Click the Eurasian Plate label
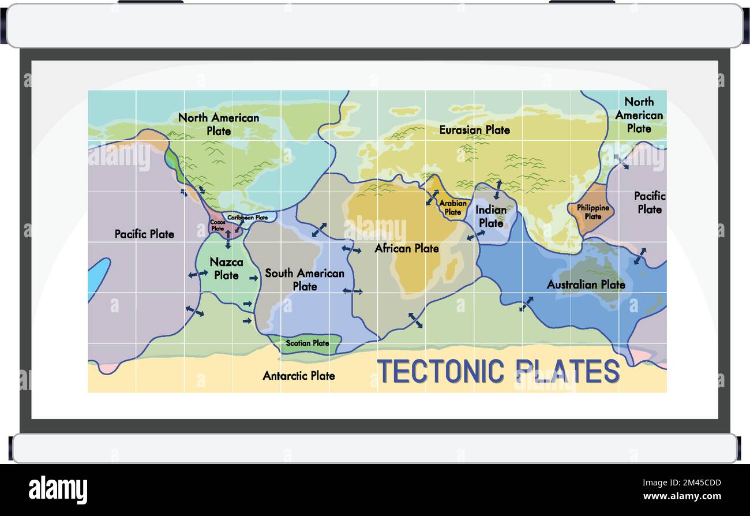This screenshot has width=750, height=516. (474, 130)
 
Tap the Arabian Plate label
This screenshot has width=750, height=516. (453, 207)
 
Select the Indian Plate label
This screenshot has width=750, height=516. (490, 216)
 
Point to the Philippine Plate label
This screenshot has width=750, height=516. (592, 212)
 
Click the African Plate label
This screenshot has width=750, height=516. (407, 248)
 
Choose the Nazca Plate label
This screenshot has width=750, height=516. (226, 268)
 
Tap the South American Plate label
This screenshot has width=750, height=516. (305, 279)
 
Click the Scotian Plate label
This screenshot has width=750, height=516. (307, 343)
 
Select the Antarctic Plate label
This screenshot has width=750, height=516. (298, 376)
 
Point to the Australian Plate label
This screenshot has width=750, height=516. (586, 285)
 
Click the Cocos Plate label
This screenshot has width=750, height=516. (217, 225)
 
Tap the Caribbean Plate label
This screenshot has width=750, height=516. (247, 218)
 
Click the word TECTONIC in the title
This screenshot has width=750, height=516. (441, 371)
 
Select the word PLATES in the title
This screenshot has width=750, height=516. (568, 371)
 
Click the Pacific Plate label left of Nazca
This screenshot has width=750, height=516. (144, 234)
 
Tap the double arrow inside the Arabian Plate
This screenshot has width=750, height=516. (432, 197)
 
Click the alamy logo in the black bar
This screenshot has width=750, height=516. (58, 489)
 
